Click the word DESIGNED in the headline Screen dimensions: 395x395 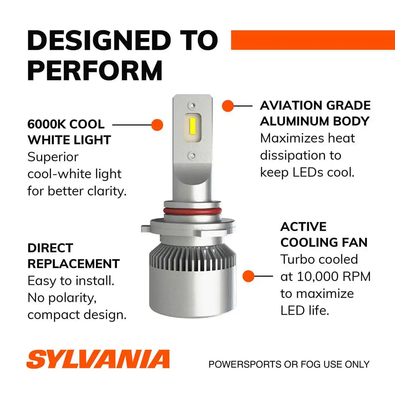click(99, 40)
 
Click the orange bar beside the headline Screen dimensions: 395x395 click(313, 40)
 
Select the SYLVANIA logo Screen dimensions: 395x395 click(98, 359)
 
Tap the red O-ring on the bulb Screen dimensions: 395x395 click(192, 211)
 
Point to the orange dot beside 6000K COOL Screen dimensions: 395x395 click(157, 125)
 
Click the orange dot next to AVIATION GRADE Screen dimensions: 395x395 click(228, 106)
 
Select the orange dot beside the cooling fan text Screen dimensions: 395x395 click(248, 276)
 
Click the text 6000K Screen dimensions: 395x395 click(46, 124)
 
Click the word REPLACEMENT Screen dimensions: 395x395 click(74, 264)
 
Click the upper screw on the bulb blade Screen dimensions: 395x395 click(192, 105)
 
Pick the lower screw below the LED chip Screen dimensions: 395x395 click(192, 156)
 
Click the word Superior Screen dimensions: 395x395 click(53, 157)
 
